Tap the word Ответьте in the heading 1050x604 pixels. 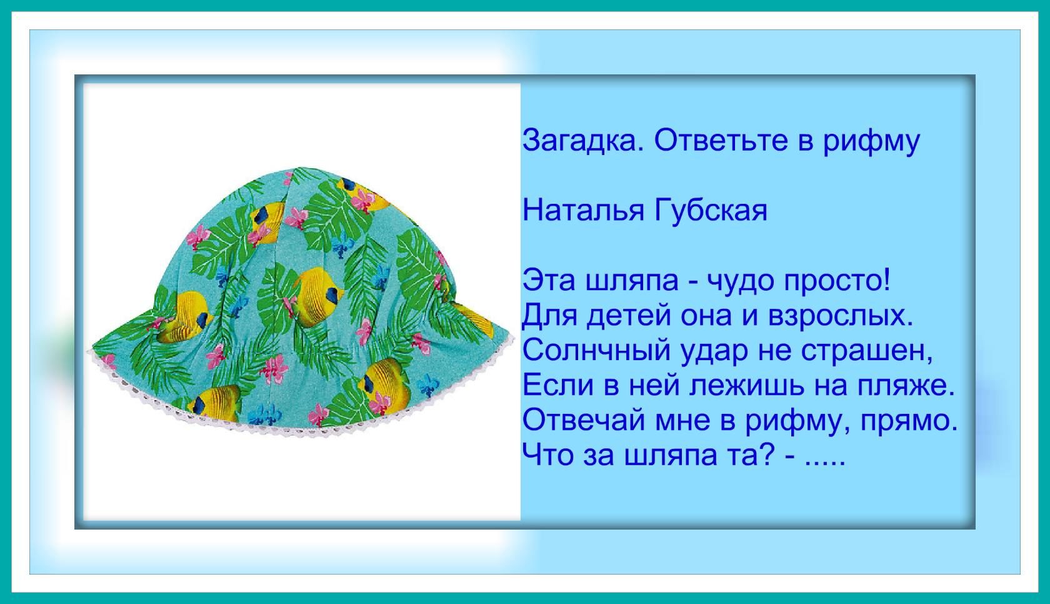coord(721,140)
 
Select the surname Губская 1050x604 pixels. coord(711,211)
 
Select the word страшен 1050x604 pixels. coord(867,351)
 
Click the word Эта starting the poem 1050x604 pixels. coord(549,281)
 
